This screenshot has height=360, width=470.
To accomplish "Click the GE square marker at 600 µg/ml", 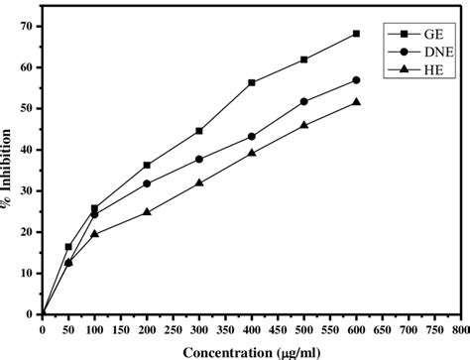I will pyautogui.click(x=357, y=34).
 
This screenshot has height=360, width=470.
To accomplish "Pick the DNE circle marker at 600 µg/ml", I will pyautogui.click(x=357, y=79).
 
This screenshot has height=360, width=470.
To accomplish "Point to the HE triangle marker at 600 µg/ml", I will pyautogui.click(x=357, y=102).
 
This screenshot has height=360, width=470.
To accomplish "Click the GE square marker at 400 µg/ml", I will pyautogui.click(x=252, y=82).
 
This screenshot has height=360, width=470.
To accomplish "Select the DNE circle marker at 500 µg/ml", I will pyautogui.click(x=304, y=101).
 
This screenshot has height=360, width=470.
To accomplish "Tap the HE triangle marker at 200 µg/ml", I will pyautogui.click(x=147, y=211).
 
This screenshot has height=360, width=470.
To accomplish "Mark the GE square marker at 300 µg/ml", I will pyautogui.click(x=199, y=131).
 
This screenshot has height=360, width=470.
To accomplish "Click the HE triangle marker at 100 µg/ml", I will pyautogui.click(x=95, y=233).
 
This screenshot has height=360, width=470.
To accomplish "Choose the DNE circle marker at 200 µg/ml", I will pyautogui.click(x=147, y=183).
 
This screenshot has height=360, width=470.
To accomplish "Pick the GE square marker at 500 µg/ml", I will pyautogui.click(x=304, y=60).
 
